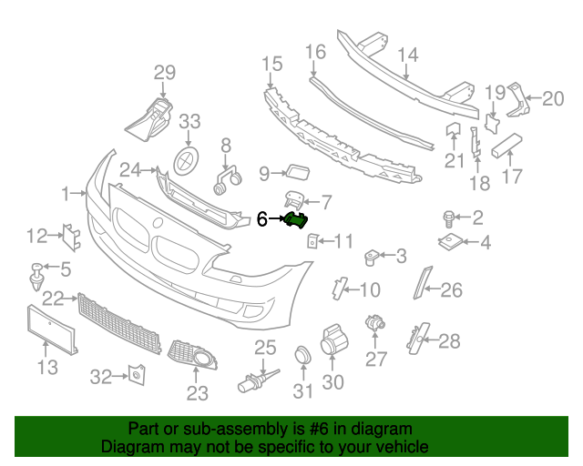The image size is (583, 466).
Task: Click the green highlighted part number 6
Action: (296, 219)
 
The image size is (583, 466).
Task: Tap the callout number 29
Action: (164, 74)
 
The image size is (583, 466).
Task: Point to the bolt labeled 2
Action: (449, 218)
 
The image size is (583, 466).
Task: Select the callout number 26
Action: (452, 291)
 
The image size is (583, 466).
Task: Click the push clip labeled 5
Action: (36, 272)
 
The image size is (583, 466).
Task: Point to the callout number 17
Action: (513, 176)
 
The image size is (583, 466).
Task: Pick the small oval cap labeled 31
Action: (302, 357)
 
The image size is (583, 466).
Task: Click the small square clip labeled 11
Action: (312, 241)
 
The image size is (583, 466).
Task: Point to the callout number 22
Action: (53, 298)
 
